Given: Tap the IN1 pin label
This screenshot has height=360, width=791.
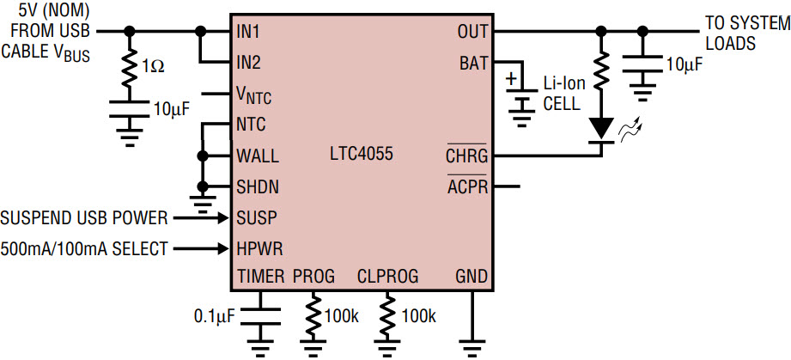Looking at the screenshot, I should [249, 32].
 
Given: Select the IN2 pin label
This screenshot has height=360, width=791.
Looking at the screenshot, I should [249, 63].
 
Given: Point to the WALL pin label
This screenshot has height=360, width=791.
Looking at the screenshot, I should [257, 156].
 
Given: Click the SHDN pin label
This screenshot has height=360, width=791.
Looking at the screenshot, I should [257, 186].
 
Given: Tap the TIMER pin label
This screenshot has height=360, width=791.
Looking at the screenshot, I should [259, 277].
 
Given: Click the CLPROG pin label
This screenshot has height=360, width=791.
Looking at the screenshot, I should [387, 277].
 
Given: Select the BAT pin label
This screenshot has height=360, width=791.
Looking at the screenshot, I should [473, 63].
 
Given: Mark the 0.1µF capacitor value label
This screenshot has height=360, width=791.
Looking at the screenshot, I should [214, 316].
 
